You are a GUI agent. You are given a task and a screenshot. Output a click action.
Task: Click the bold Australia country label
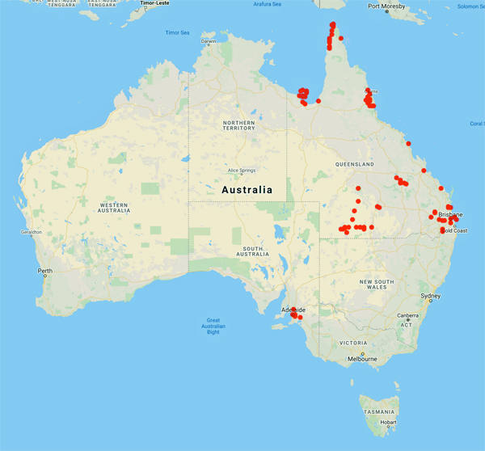247,189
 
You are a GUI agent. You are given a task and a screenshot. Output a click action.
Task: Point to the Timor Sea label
178,32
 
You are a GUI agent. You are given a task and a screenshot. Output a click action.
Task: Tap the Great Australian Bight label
213,326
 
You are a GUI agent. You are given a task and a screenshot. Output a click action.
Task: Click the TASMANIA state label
379,411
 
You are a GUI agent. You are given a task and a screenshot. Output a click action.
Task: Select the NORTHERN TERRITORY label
238,124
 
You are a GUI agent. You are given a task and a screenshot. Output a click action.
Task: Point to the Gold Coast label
454,231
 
